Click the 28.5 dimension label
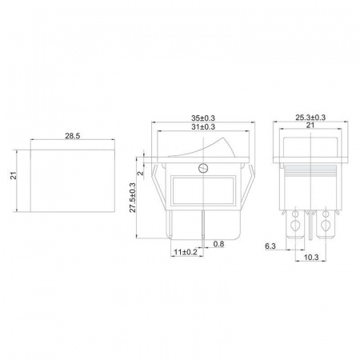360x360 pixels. coord(73,136)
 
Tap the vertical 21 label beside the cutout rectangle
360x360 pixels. coord(14,176)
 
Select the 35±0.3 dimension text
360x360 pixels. coord(203,118)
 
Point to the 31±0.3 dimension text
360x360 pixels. coord(203,126)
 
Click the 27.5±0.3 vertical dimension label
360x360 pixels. coord(133,198)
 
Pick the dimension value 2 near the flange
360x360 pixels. coord(141,173)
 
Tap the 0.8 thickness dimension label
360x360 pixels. coord(218,244)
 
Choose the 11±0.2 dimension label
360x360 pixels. coord(186,252)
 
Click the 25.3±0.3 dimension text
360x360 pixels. coord(310,118)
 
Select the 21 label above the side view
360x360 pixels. coord(310,125)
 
